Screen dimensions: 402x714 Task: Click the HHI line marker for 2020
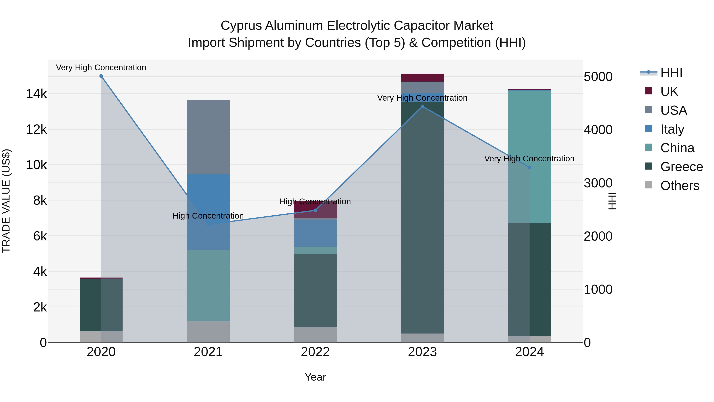tap(101, 76)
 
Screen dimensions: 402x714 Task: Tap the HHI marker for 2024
tap(529, 168)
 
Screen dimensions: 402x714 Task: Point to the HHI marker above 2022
tap(315, 210)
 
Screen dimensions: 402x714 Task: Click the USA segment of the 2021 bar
tap(208, 137)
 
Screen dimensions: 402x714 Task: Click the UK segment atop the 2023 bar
tap(422, 78)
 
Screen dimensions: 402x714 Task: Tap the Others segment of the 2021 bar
tap(208, 332)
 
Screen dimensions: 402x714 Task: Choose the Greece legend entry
tap(681, 167)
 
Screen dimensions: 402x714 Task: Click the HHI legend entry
tap(671, 73)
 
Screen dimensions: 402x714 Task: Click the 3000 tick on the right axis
tap(598, 183)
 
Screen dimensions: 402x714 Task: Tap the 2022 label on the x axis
tap(315, 352)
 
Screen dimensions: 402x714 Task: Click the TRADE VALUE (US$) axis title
tap(6, 201)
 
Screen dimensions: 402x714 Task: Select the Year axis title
tap(315, 377)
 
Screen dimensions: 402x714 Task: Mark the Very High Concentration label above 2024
tap(529, 159)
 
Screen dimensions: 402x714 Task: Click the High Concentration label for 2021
tap(208, 216)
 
